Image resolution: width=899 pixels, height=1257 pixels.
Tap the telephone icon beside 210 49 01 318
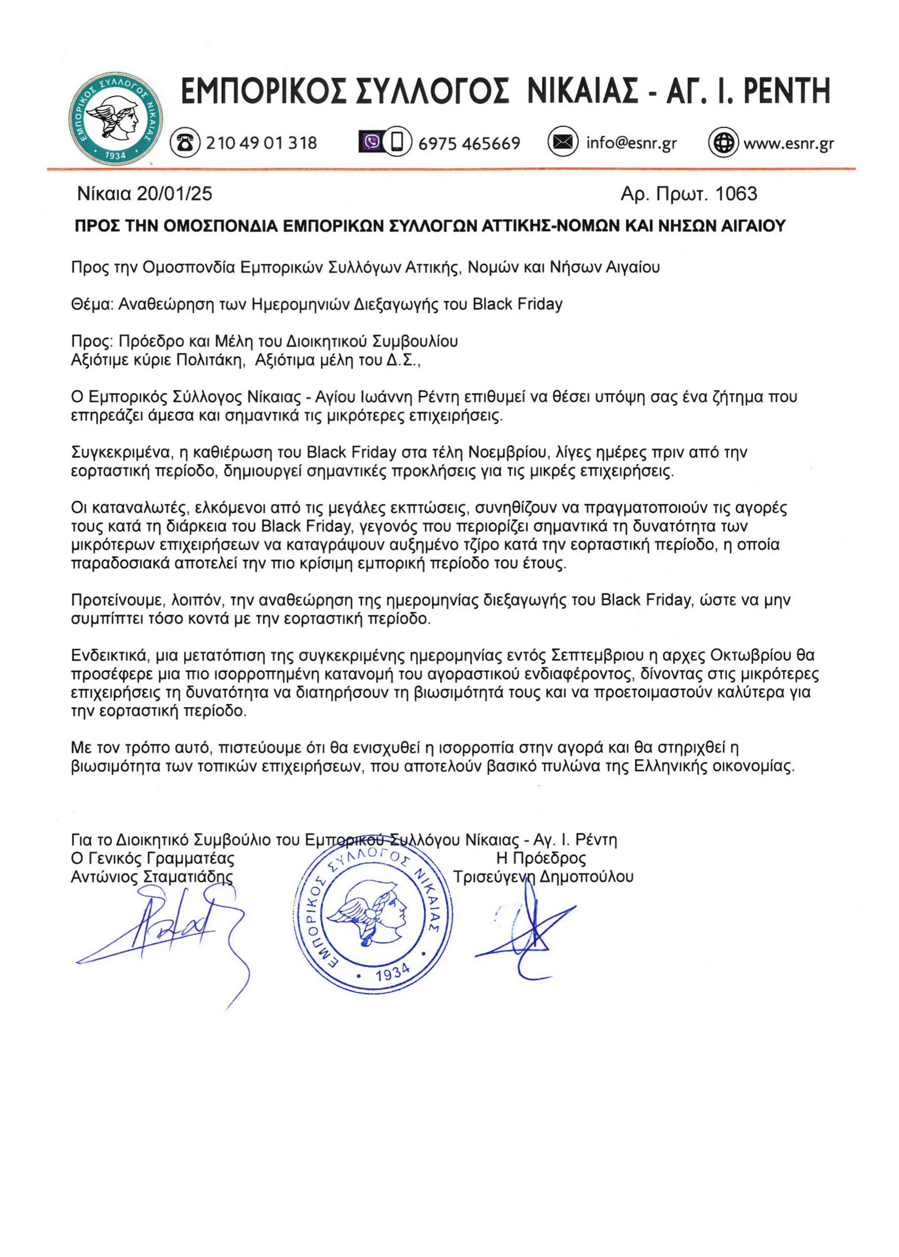[184, 142]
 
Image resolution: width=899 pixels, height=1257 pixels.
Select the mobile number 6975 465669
[469, 143]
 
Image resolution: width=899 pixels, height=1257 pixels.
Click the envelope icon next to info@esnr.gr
[562, 142]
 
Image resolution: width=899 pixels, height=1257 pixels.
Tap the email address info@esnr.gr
[631, 143]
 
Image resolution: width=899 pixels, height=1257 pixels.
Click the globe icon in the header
[723, 142]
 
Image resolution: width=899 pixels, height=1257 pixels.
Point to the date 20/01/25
[174, 193]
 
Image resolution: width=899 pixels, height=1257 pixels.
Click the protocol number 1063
[736, 193]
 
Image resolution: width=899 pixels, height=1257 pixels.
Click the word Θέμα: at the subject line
[92, 304]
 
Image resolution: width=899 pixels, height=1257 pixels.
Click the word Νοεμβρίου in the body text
[509, 452]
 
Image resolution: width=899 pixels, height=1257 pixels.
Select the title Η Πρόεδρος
[541, 858]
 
